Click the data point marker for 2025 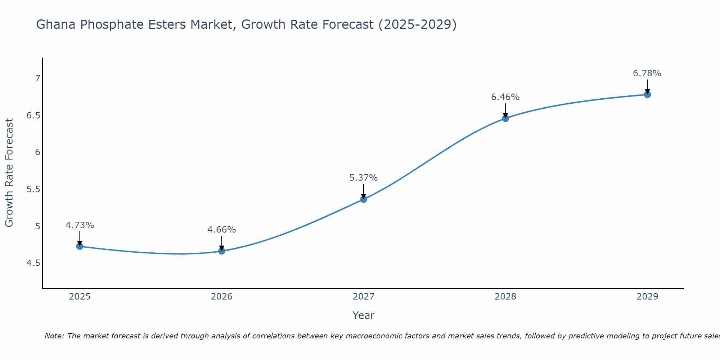coord(80,246)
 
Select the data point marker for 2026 coord(222,251)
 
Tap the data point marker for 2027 coord(364,199)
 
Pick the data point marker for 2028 coord(505,118)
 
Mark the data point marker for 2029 coord(647,95)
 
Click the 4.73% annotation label coord(80,225)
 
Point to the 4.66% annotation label coord(222,230)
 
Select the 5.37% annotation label coord(364,178)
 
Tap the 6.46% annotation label coord(505,97)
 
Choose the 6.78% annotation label coord(647,73)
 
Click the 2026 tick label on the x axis coord(222,297)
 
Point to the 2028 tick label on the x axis coord(505,297)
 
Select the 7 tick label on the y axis coord(37,78)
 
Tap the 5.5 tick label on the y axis coord(33,189)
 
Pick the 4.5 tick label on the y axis coord(33,263)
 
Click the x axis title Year coord(364,315)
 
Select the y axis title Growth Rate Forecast coord(9,173)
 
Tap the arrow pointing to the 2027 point coord(364,191)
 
